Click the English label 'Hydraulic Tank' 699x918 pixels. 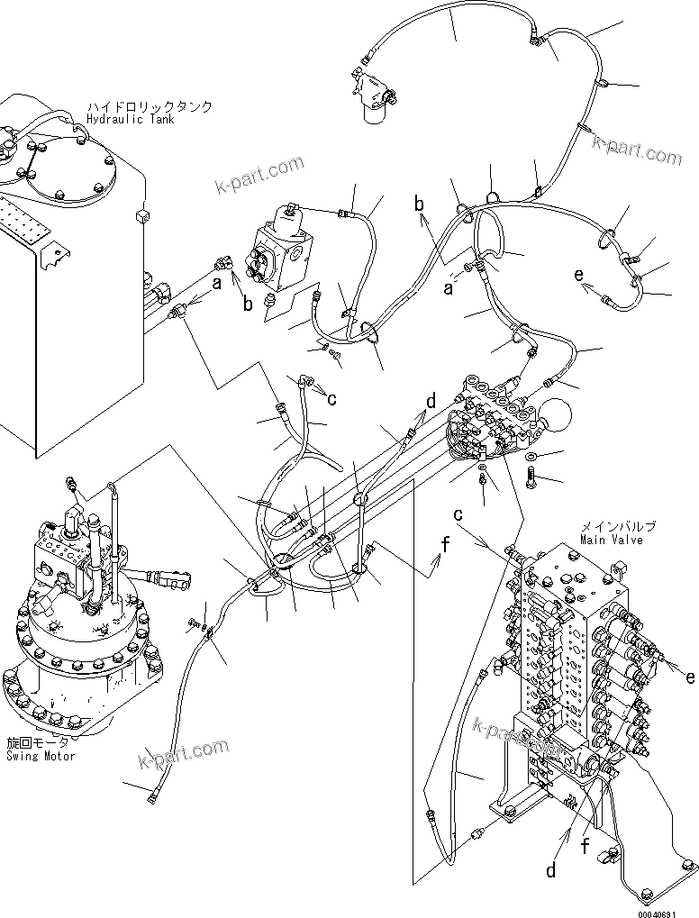click(x=131, y=119)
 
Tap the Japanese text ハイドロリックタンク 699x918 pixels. click(x=150, y=106)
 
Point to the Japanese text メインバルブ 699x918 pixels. click(x=617, y=526)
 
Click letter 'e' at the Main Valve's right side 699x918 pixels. click(x=689, y=676)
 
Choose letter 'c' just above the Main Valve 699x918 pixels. click(x=458, y=515)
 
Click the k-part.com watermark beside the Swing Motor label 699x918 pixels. click(x=183, y=750)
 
